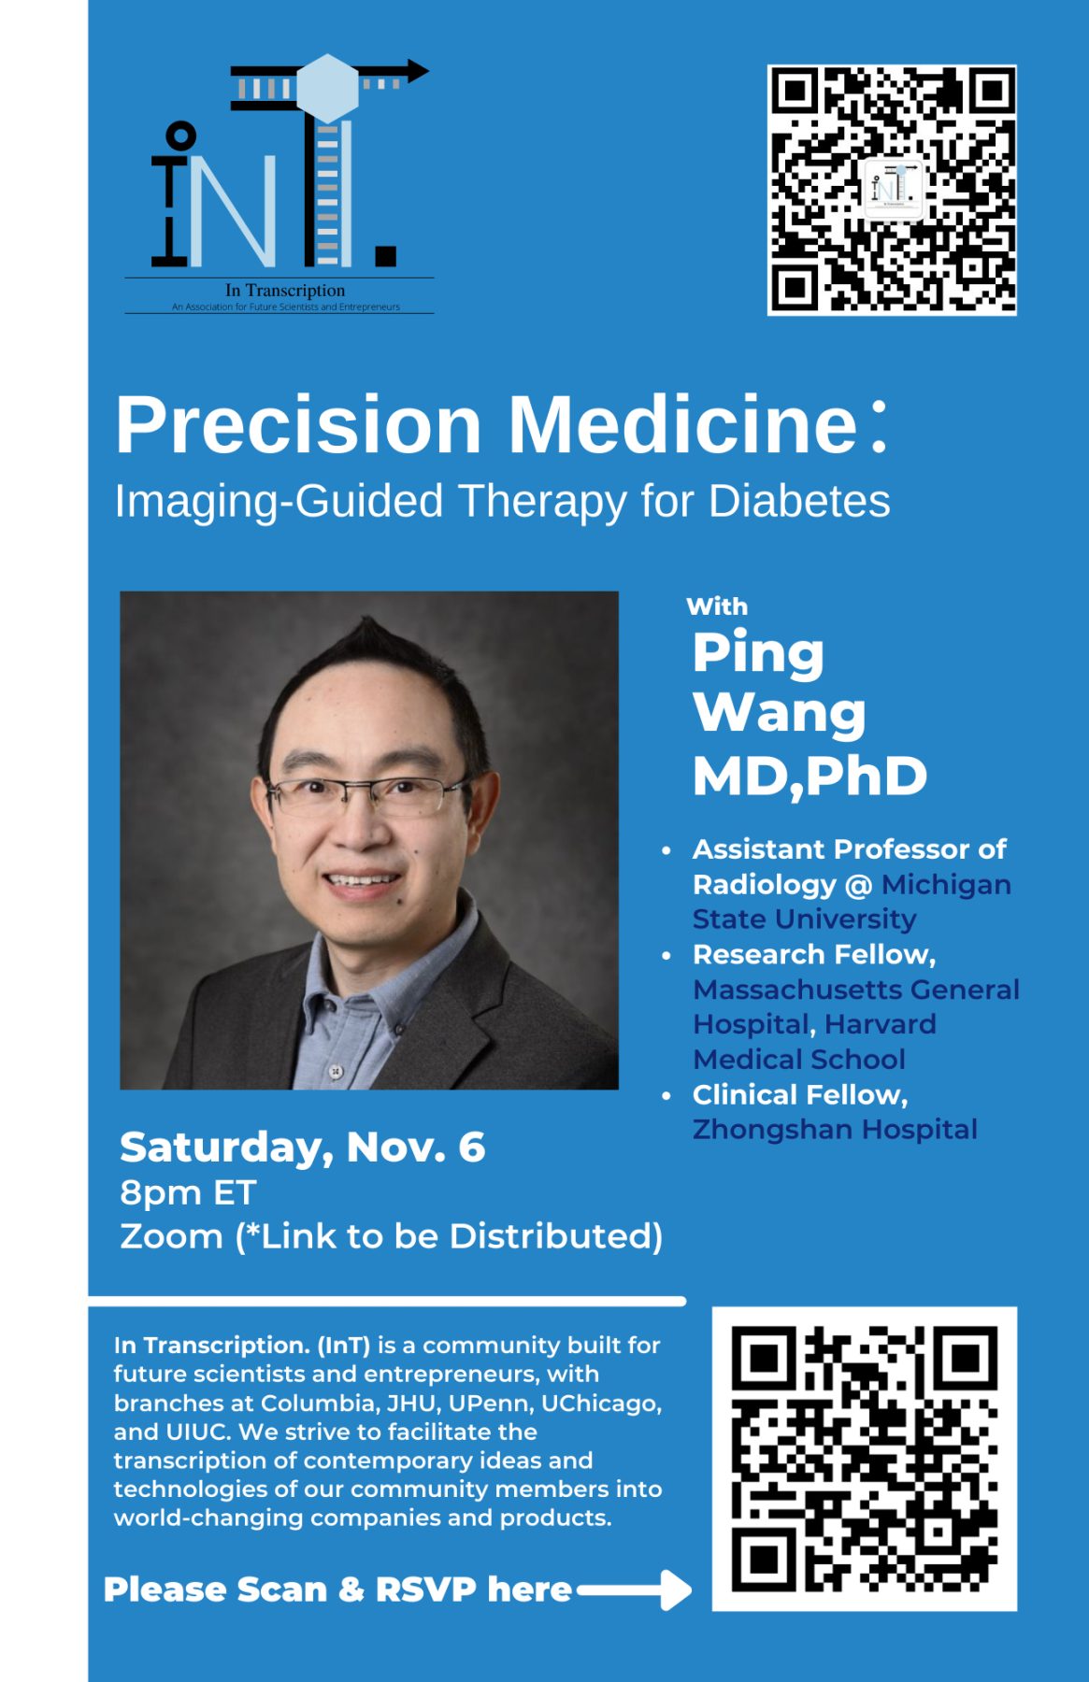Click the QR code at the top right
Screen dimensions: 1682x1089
(x=892, y=190)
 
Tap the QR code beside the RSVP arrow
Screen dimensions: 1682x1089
(x=865, y=1459)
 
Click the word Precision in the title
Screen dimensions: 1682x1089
(x=298, y=425)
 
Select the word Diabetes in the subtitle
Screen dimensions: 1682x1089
(x=799, y=501)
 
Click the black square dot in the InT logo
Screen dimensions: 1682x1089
(x=385, y=255)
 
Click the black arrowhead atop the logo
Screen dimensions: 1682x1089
(x=417, y=70)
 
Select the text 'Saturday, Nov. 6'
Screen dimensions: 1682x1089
(x=302, y=1147)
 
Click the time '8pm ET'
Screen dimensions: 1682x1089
(x=188, y=1193)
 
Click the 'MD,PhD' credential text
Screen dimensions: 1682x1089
(x=810, y=776)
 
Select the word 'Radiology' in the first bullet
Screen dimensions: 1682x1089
(x=765, y=885)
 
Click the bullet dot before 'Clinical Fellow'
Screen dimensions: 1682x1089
(x=666, y=1095)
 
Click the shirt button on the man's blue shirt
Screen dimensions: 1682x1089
(x=335, y=1071)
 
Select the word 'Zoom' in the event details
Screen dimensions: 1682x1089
(x=171, y=1236)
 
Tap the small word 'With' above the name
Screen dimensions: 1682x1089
(x=717, y=606)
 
